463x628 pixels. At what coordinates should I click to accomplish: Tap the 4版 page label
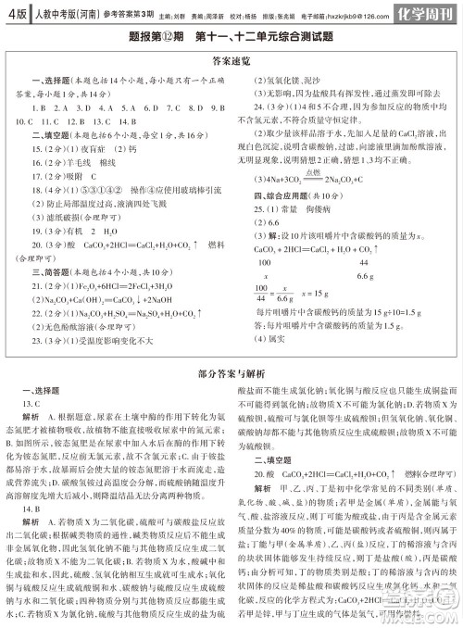[x=14, y=14]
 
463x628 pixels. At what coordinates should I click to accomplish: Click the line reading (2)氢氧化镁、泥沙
[x=295, y=81]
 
